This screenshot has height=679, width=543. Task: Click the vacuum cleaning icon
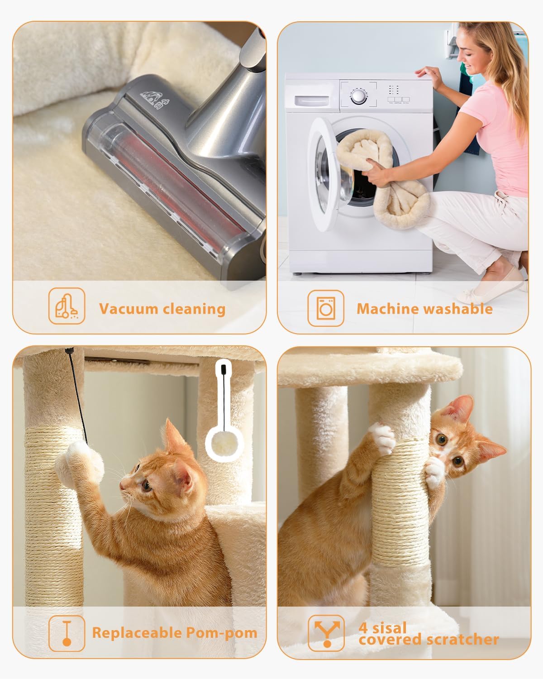click(67, 306)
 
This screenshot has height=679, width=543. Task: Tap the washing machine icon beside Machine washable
click(326, 308)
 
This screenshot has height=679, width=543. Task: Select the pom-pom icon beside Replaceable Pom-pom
click(67, 633)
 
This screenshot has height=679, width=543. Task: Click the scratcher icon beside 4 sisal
click(326, 633)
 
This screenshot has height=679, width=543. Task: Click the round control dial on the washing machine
click(358, 96)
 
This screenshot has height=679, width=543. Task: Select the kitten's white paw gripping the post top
click(381, 437)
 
